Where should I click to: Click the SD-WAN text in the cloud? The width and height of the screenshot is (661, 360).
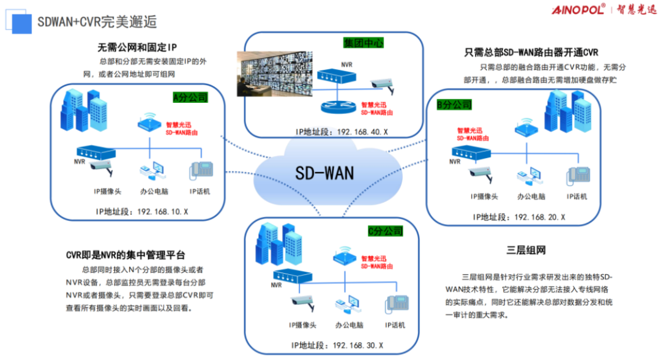click(x=325, y=173)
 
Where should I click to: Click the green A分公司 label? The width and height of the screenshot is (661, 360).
click(x=190, y=97)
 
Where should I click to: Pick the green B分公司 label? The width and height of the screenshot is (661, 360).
click(x=454, y=105)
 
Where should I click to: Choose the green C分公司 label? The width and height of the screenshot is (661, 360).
click(x=386, y=231)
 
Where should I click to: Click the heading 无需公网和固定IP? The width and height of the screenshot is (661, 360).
click(x=137, y=47)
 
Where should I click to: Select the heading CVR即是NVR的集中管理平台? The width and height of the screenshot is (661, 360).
click(x=125, y=255)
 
